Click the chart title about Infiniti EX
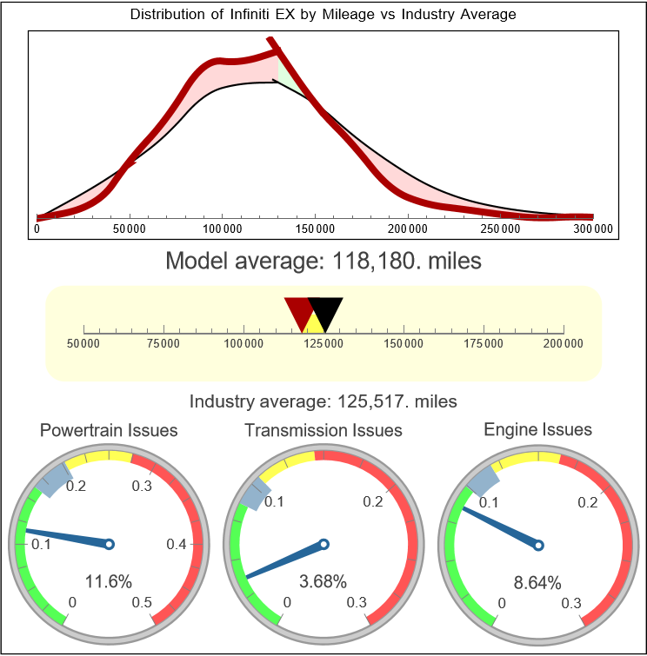323,15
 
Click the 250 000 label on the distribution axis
501,229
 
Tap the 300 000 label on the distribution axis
593,229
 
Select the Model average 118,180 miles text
323,261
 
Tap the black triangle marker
326,311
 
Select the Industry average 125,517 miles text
323,401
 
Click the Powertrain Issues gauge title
109,430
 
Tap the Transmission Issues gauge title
323,430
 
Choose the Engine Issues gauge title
537,429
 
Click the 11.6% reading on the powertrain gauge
109,580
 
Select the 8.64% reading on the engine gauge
537,581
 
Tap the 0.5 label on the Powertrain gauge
143,603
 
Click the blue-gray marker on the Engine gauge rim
483,480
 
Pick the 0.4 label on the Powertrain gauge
177,545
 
